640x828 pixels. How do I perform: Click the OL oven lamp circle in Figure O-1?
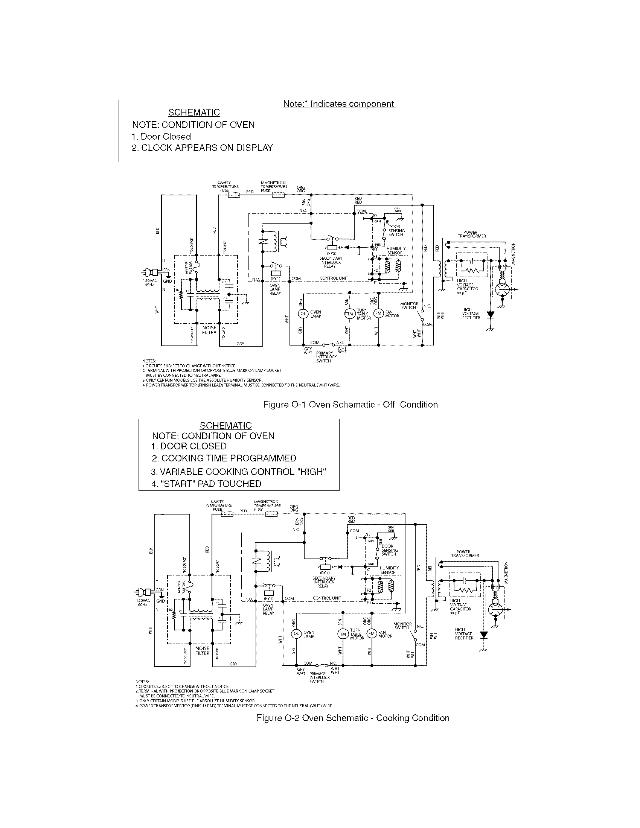click(303, 314)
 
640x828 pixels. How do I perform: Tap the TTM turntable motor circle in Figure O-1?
click(349, 314)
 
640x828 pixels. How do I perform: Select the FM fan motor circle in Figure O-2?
click(372, 633)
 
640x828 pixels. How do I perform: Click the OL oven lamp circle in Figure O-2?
click(296, 633)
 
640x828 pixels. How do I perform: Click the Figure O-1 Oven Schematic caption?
click(350, 405)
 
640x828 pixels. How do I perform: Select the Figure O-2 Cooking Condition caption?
click(353, 718)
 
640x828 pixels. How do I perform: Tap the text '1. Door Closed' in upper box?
click(161, 137)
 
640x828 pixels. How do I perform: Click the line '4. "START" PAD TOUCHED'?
click(206, 484)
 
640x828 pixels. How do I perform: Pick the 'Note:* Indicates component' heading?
click(339, 104)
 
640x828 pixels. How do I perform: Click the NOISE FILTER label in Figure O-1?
click(209, 330)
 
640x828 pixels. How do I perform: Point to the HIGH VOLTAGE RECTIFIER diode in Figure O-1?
click(491, 314)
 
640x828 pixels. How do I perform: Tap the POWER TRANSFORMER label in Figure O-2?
click(465, 554)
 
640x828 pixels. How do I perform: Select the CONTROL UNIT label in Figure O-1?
click(334, 278)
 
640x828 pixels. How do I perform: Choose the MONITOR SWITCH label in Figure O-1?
click(409, 306)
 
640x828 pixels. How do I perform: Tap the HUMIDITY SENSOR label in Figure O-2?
click(389, 570)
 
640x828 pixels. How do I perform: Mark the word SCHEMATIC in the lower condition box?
click(226, 425)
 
